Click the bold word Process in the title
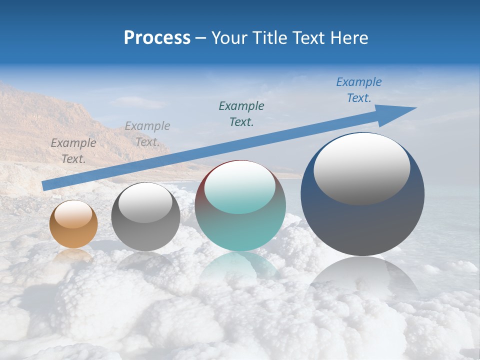tap(157, 37)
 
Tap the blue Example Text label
tap(358, 90)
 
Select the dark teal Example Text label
tap(241, 113)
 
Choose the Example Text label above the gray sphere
tap(147, 134)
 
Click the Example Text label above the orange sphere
tap(73, 150)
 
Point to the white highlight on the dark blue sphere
tap(361, 168)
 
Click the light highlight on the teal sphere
tap(240, 187)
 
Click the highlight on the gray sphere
tap(145, 202)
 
